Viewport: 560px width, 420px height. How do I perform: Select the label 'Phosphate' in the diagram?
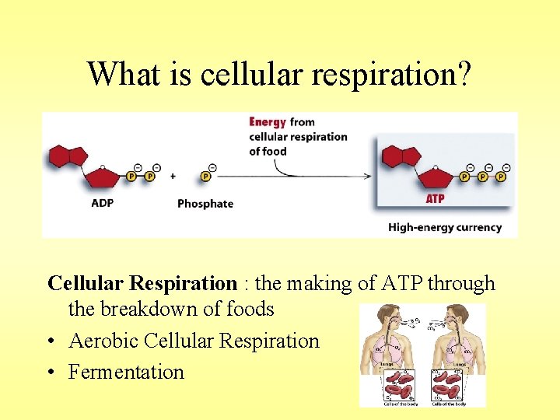[205, 204]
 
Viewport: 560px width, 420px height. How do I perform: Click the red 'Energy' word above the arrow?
[268, 122]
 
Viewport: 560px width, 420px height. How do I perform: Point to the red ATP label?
[435, 199]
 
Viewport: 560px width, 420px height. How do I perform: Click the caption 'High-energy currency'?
[445, 228]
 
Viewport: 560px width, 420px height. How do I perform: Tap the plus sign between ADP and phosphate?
[173, 177]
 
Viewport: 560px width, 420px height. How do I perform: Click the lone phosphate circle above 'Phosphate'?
[205, 177]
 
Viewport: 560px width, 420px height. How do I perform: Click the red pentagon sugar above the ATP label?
[432, 177]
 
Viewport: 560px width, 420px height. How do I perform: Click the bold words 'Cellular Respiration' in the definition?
[142, 284]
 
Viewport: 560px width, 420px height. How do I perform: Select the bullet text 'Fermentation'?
[126, 372]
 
